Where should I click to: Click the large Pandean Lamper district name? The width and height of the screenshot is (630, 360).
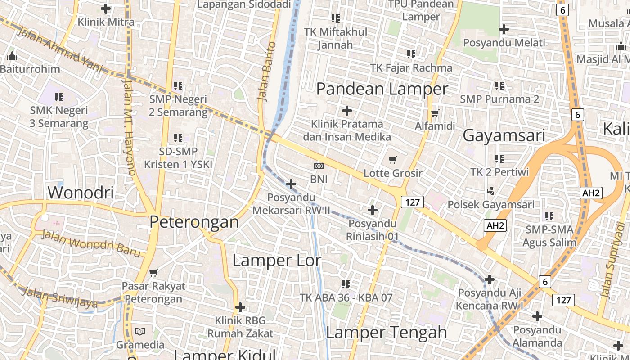pyautogui.click(x=382, y=89)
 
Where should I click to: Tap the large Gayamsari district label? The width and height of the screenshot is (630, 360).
pyautogui.click(x=504, y=135)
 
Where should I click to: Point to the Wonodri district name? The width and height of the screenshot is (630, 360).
pyautogui.click(x=81, y=192)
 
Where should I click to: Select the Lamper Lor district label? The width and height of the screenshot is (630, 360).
pyautogui.click(x=277, y=260)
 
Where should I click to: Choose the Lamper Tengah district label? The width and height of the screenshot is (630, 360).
pyautogui.click(x=387, y=332)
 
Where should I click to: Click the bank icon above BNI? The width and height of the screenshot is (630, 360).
pyautogui.click(x=319, y=166)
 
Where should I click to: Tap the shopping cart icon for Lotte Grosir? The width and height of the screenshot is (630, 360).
pyautogui.click(x=393, y=160)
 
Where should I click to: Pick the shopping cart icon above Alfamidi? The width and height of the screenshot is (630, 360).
pyautogui.click(x=435, y=113)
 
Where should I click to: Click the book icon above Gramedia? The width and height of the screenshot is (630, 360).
pyautogui.click(x=140, y=332)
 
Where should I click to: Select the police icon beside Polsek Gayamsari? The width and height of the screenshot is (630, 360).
pyautogui.click(x=490, y=191)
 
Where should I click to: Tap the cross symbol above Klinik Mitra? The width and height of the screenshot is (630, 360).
pyautogui.click(x=106, y=9)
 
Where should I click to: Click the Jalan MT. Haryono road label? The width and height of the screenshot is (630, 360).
pyautogui.click(x=129, y=127)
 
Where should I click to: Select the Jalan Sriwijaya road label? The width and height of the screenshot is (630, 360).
pyautogui.click(x=60, y=297)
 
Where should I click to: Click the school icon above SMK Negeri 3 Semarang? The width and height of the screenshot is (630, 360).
pyautogui.click(x=58, y=97)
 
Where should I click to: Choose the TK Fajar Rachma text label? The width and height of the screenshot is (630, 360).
pyautogui.click(x=411, y=68)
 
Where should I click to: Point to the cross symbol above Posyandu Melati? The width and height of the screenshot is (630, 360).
pyautogui.click(x=504, y=29)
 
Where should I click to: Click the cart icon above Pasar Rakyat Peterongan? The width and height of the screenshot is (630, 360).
pyautogui.click(x=153, y=273)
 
